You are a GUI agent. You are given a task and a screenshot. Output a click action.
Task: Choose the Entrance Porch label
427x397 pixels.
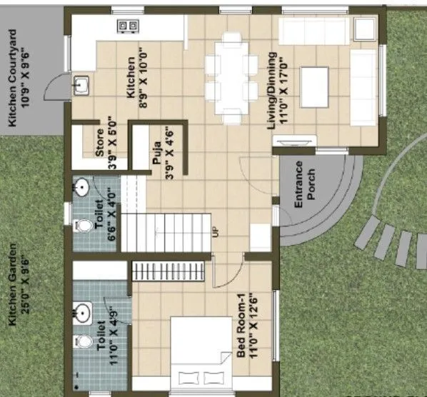click(305, 189)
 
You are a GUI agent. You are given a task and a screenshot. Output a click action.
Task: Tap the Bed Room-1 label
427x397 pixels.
click(246, 321)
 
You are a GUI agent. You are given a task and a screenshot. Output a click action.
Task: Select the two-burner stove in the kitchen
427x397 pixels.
click(128, 26)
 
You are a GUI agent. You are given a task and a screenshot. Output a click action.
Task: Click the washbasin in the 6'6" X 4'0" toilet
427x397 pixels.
click(82, 188)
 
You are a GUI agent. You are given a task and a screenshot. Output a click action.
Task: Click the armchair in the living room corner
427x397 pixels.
click(363, 29)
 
